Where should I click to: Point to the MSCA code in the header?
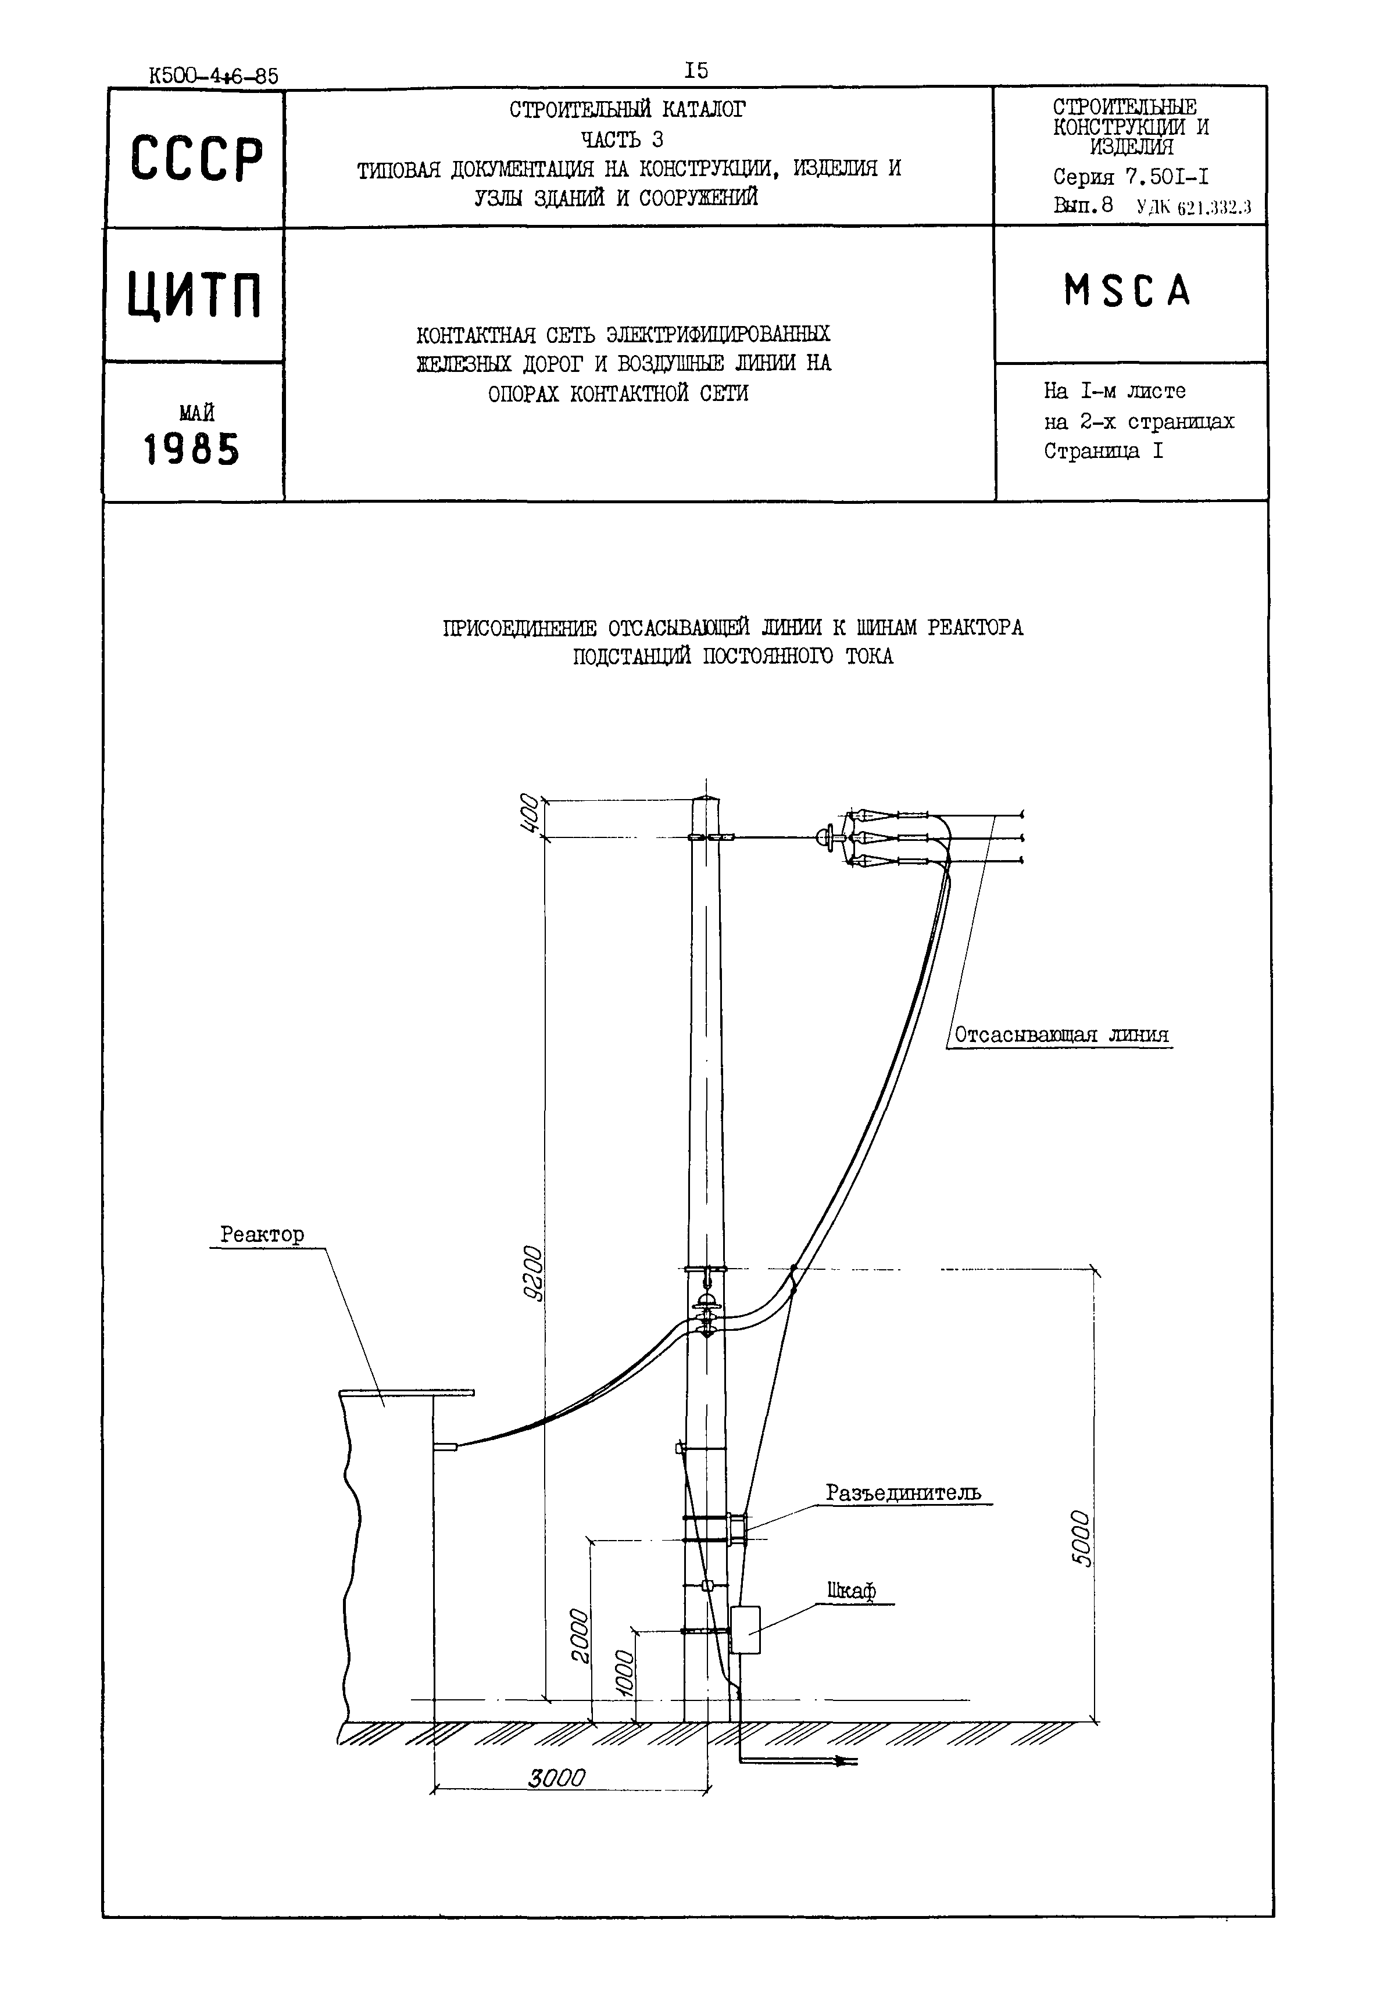click(1128, 291)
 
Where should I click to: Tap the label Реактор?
click(262, 1235)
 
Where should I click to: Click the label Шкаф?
click(851, 1591)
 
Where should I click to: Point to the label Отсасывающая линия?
click(1061, 1034)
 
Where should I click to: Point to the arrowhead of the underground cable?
click(848, 1762)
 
